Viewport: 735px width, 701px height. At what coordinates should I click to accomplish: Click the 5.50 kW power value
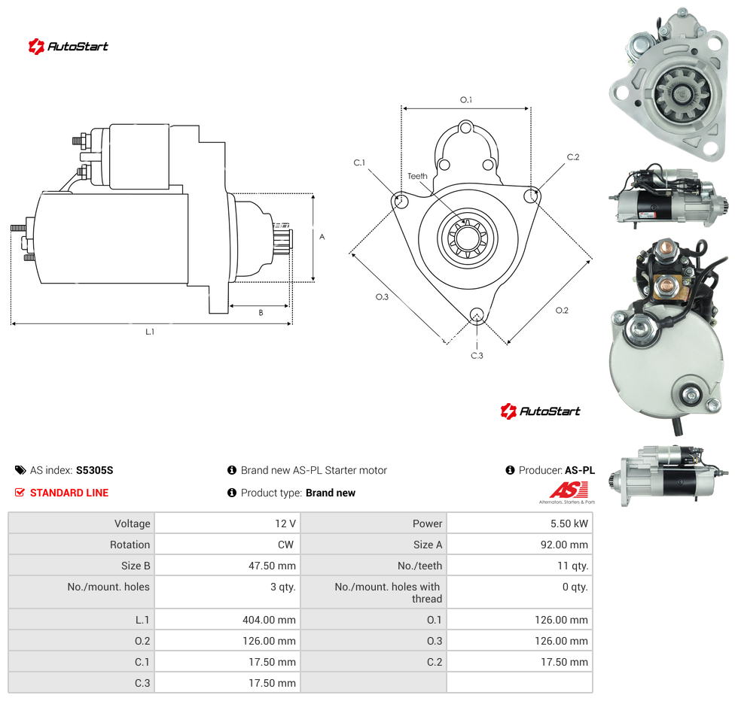coord(569,523)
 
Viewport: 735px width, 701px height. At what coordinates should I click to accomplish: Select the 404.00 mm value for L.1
coord(269,620)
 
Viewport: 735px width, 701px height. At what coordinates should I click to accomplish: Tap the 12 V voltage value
coord(285,523)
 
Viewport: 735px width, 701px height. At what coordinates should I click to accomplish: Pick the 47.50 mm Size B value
coord(272,566)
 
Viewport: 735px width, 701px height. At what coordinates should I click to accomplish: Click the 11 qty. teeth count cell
coord(572,566)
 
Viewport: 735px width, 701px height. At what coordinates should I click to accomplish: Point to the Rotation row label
coord(130,545)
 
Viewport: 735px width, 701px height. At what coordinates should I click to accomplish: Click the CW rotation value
coord(285,545)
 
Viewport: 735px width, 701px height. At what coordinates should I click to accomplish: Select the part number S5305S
coord(94,470)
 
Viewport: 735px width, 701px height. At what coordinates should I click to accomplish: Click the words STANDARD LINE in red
coord(69,493)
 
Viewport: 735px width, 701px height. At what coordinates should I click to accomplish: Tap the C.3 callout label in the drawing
coord(477,356)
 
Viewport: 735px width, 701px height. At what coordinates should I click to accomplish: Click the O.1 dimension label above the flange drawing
coord(466,100)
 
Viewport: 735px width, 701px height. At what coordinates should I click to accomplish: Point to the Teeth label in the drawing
coord(417,176)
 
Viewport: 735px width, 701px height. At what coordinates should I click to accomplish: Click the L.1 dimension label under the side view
coord(150,332)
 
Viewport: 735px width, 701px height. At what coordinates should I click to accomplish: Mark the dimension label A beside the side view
coord(322,237)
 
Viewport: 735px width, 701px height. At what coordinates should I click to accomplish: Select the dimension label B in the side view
coord(261,313)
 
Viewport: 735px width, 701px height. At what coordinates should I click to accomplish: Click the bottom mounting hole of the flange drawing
coord(477,314)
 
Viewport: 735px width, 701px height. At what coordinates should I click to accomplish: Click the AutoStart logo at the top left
coord(68,47)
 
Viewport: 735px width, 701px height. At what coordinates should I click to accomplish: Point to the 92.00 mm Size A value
coord(564,545)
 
